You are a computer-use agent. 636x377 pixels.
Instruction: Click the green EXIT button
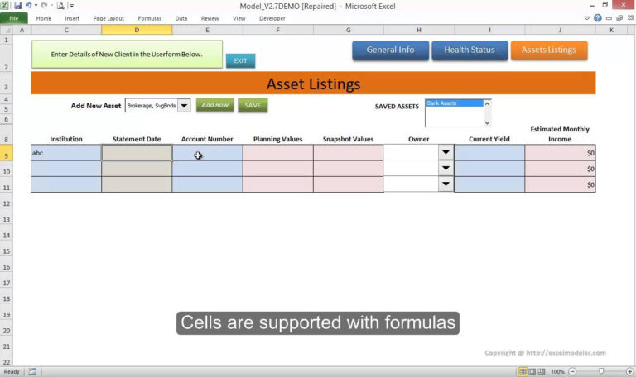point(240,60)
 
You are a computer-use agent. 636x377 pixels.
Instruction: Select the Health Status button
point(469,50)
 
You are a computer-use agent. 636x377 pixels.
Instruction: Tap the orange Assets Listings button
point(548,50)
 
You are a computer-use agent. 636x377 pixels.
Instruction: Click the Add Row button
point(214,105)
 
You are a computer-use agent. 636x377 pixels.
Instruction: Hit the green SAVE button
point(253,105)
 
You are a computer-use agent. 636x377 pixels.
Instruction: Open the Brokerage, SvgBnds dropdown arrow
point(184,105)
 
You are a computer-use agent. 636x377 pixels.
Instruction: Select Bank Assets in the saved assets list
point(453,103)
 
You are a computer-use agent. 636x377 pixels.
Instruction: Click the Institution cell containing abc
point(66,153)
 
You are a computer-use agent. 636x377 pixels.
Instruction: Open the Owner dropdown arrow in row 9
point(446,153)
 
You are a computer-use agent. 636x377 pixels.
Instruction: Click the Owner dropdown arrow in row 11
point(446,184)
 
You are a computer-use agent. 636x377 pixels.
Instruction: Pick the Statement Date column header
point(137,139)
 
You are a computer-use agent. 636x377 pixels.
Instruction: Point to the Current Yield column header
point(489,139)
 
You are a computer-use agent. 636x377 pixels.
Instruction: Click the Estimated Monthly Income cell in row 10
point(560,169)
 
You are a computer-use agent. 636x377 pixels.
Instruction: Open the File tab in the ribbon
point(14,17)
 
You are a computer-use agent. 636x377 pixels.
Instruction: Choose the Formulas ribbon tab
point(150,17)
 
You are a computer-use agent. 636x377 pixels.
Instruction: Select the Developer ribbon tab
point(272,17)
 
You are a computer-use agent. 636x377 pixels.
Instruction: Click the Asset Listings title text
point(313,84)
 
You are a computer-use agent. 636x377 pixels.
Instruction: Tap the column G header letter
point(348,30)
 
